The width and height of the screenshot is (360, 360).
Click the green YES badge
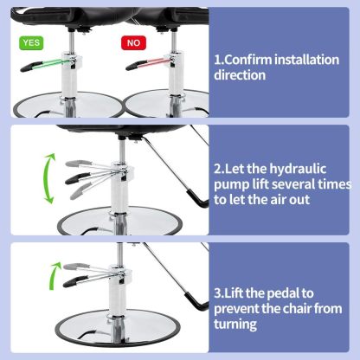[x=31, y=40]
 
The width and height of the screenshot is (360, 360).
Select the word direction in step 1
[x=242, y=75]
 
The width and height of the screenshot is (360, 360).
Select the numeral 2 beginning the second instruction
[x=218, y=168]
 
